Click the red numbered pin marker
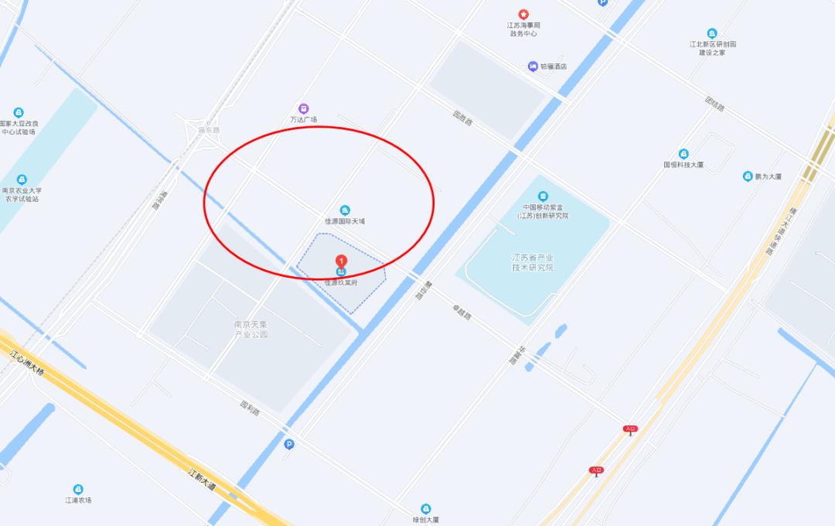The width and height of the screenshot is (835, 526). (x=341, y=262)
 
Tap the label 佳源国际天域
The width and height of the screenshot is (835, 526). (x=345, y=221)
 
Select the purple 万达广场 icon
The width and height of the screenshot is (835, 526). (x=304, y=109)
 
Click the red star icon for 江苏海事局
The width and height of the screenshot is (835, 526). (x=523, y=14)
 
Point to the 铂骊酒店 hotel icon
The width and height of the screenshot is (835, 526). (x=533, y=67)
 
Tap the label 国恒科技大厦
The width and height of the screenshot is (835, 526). (x=683, y=165)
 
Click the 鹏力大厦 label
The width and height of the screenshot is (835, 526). (x=767, y=176)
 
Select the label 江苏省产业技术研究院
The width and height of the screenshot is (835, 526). (x=533, y=262)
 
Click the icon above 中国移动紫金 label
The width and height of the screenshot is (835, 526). (x=543, y=196)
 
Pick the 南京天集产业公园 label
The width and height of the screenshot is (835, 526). (x=251, y=330)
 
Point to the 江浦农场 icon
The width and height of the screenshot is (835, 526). (x=78, y=489)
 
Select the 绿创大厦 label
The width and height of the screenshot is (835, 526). (x=425, y=520)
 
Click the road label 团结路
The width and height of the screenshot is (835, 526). (x=715, y=104)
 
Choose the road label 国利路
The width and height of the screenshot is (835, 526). (x=250, y=407)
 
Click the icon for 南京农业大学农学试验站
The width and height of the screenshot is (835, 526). (x=22, y=179)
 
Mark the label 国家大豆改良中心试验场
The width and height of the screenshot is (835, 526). (x=19, y=128)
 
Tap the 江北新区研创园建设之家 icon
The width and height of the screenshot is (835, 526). (x=712, y=33)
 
